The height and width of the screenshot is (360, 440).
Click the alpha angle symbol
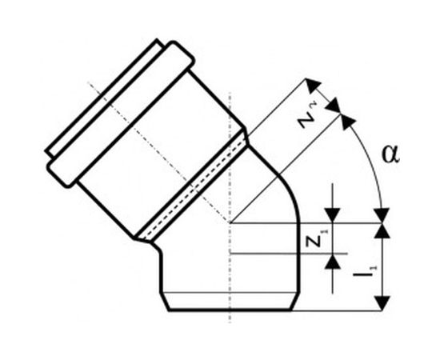[x=390, y=154]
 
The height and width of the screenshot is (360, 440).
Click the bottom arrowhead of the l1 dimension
[x=382, y=303]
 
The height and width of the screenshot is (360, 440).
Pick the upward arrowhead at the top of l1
[x=382, y=230]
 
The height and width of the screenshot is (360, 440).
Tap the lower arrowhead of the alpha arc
[x=382, y=215]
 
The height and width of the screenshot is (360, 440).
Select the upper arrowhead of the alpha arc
[x=347, y=122]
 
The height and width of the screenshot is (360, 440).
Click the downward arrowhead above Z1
[x=333, y=215]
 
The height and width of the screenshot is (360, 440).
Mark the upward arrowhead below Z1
[x=333, y=262]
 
